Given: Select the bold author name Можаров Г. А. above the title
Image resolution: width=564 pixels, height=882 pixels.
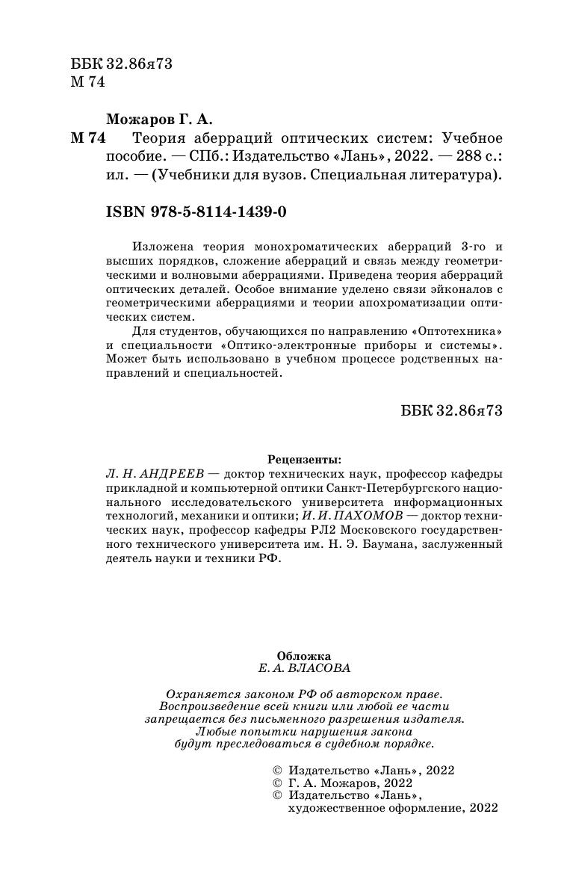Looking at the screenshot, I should tap(159, 119).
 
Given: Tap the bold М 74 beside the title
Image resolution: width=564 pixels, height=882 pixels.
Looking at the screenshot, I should tap(87, 139).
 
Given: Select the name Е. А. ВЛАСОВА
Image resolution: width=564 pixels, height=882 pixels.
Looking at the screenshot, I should tap(303, 668).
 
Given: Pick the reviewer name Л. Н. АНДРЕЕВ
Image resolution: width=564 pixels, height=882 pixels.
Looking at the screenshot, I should tap(150, 474).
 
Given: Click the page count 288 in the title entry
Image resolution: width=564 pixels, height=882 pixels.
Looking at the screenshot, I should tap(452, 158).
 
